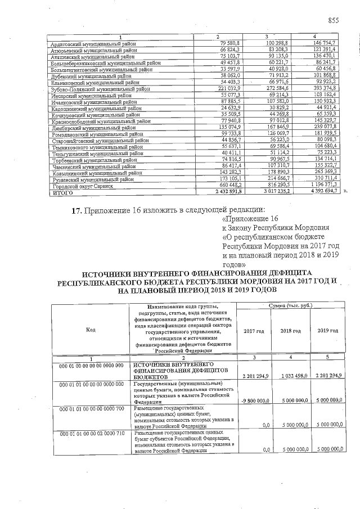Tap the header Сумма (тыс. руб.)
[289, 305]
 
